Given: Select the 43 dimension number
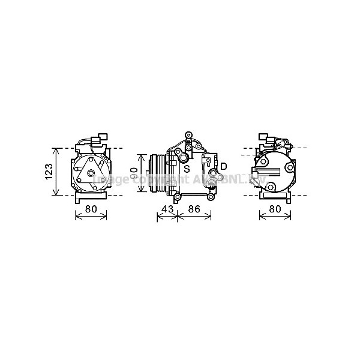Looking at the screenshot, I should [x=168, y=210].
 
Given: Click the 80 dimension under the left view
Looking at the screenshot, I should [x=90, y=210].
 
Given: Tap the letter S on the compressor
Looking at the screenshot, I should [x=187, y=169].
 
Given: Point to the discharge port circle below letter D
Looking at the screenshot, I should [x=212, y=178].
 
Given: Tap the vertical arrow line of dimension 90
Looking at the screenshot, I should [x=141, y=173].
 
